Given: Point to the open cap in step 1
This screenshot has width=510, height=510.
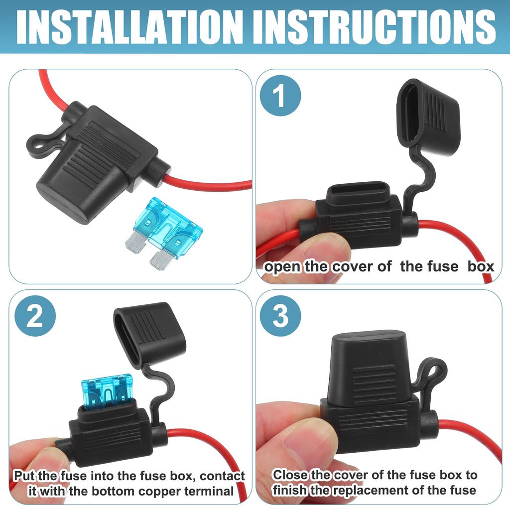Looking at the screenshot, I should tap(427, 117).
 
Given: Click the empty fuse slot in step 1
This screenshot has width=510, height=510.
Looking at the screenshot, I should tap(359, 191).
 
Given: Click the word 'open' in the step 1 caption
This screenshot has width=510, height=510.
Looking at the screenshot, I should tap(282, 267).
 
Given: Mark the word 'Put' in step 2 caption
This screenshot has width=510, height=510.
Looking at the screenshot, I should tap(24, 476).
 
